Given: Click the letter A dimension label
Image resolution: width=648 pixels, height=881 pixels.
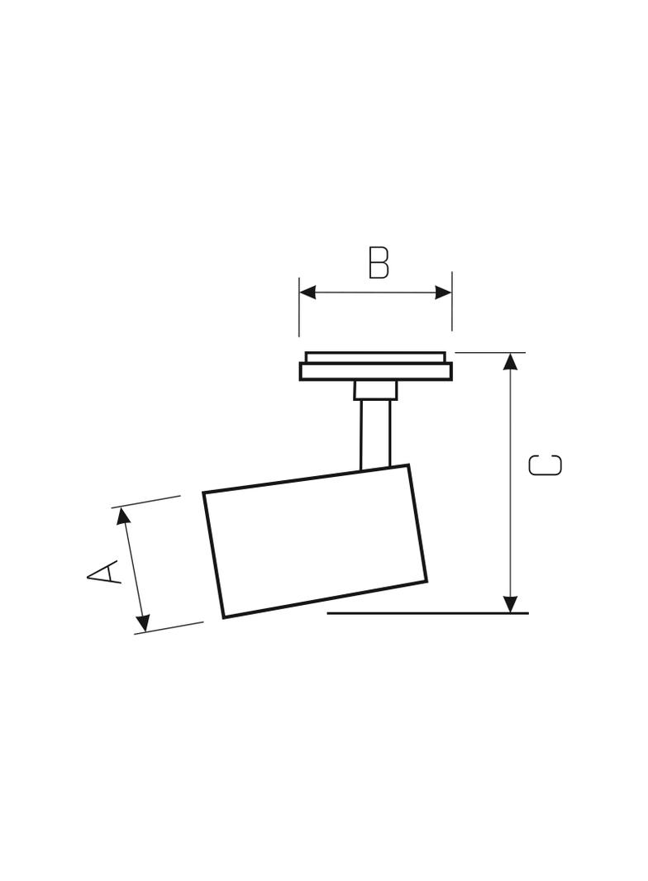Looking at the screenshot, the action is click(x=104, y=571).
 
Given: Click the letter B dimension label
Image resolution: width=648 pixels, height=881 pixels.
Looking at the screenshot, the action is click(x=379, y=262).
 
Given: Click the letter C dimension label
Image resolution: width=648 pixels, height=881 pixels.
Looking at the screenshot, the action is click(x=546, y=464).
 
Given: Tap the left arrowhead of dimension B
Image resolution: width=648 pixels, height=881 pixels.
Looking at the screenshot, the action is click(x=307, y=293).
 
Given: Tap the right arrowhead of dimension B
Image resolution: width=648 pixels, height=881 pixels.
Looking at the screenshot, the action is click(x=444, y=293).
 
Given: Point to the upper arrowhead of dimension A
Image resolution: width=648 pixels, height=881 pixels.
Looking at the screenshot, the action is click(x=122, y=516).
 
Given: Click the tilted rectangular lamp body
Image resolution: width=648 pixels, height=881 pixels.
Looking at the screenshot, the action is click(x=315, y=541).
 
